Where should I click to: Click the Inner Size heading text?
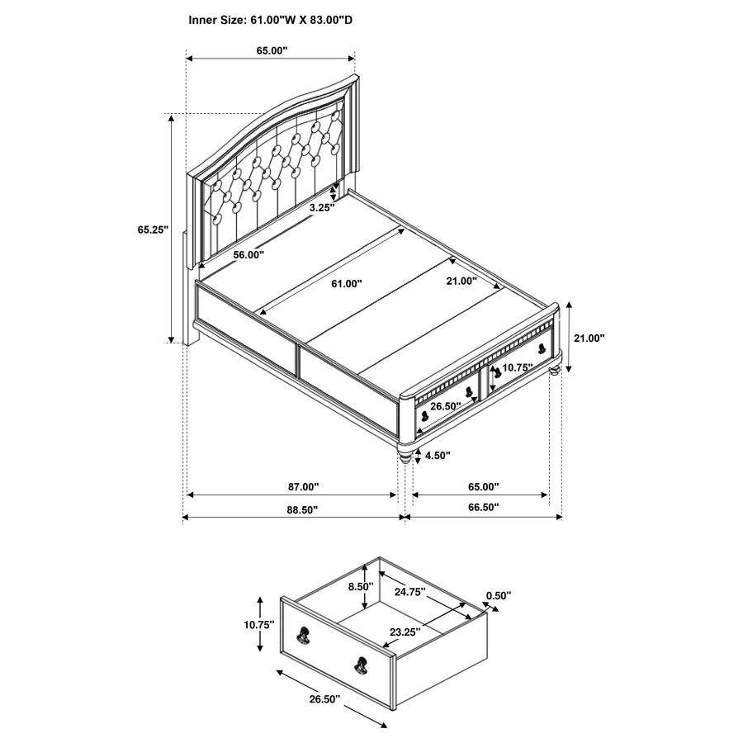click(x=270, y=19)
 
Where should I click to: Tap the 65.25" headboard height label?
click(x=154, y=230)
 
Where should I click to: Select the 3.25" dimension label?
click(x=321, y=208)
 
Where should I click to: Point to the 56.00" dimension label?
click(x=248, y=255)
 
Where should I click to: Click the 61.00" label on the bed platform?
click(x=347, y=283)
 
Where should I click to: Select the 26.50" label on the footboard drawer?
click(x=446, y=406)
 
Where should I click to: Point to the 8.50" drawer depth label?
click(x=360, y=586)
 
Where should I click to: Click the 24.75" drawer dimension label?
click(x=409, y=591)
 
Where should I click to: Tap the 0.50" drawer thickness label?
click(x=498, y=594)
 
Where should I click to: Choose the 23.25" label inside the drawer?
click(x=405, y=632)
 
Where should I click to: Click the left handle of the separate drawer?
click(x=303, y=636)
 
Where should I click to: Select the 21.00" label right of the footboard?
click(x=589, y=338)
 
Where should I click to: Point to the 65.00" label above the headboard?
click(x=272, y=50)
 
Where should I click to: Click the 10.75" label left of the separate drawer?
click(x=258, y=625)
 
